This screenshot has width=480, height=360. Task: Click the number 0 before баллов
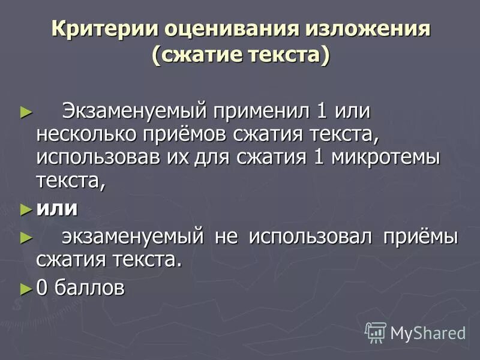click(43, 287)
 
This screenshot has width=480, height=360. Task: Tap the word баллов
click(91, 287)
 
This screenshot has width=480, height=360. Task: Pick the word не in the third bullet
click(227, 236)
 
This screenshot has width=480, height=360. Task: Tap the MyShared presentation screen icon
click(376, 332)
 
